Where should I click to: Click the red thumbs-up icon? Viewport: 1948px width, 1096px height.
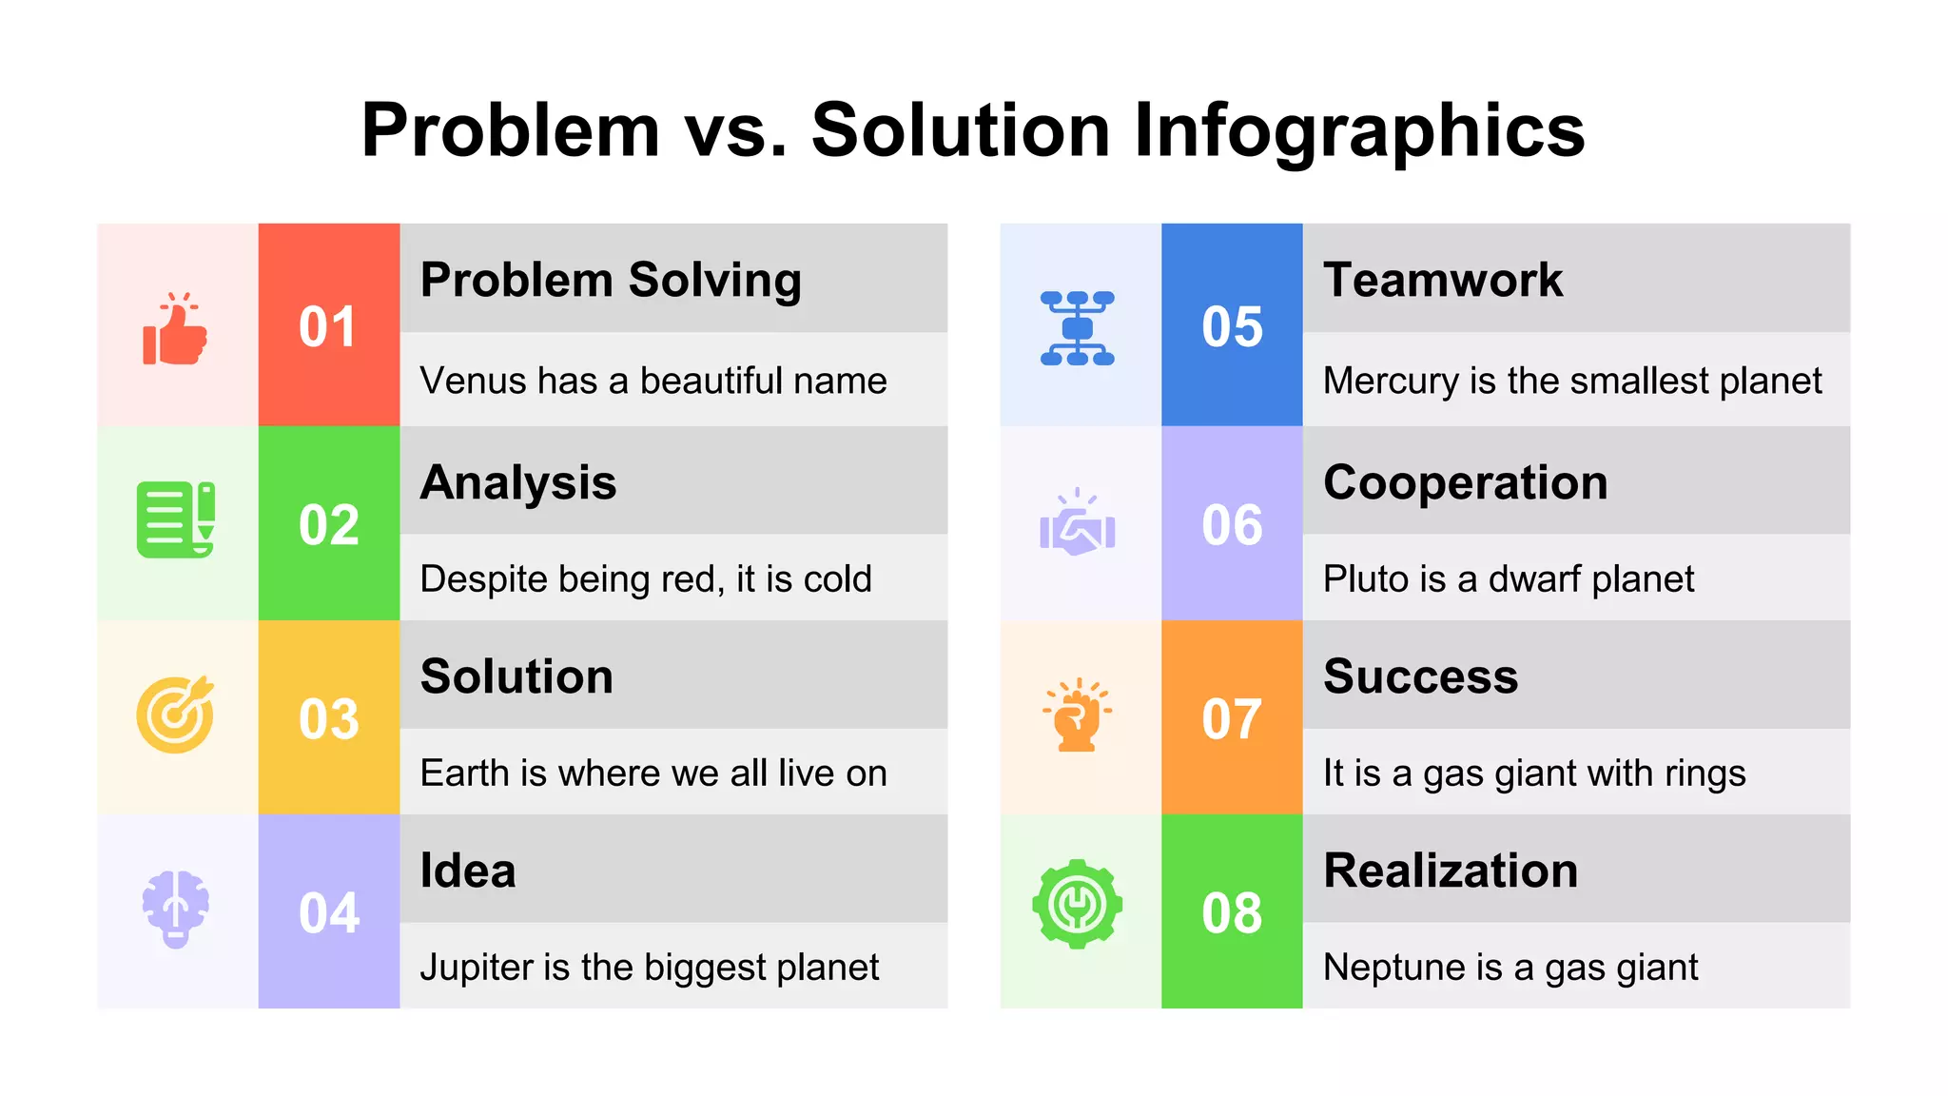click(175, 329)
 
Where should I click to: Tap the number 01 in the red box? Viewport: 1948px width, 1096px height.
click(328, 327)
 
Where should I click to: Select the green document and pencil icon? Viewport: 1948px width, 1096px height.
click(176, 519)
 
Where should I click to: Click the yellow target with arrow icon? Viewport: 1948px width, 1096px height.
click(175, 714)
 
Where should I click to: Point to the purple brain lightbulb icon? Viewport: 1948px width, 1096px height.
click(175, 909)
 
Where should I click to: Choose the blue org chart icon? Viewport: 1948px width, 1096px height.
click(1077, 329)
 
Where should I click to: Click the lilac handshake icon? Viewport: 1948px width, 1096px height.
click(1077, 524)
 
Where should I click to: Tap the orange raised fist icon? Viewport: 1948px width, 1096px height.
click(1077, 715)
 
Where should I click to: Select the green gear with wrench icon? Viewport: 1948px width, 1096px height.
click(1077, 905)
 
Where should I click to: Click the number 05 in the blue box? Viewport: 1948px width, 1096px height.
click(1232, 327)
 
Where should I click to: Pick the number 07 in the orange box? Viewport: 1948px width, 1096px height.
click(1232, 719)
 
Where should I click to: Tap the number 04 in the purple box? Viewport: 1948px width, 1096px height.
click(328, 913)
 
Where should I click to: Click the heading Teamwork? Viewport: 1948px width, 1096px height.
click(1442, 280)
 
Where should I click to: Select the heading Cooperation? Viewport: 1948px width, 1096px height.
click(1465, 482)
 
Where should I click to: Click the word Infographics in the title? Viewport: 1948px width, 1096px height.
click(1359, 130)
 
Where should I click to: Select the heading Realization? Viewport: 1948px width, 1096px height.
click(1451, 871)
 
